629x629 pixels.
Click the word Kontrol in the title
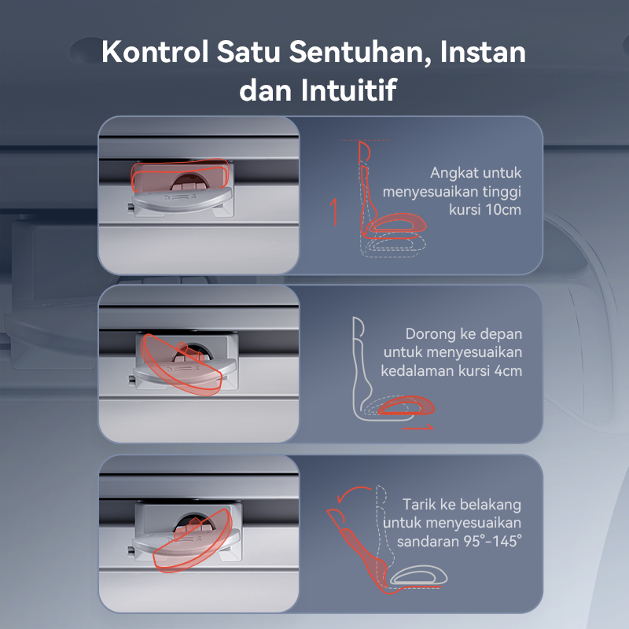[x=155, y=52]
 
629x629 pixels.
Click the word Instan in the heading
[x=483, y=52]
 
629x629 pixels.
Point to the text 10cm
[x=503, y=209]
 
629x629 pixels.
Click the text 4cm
[x=508, y=370]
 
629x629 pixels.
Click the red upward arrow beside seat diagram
[x=334, y=212]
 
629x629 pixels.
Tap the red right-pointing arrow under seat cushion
[x=418, y=427]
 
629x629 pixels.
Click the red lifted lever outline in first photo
[x=181, y=175]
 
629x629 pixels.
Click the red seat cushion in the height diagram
[x=397, y=223]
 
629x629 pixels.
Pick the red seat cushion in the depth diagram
[x=406, y=406]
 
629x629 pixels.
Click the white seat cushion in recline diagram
[x=418, y=576]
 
